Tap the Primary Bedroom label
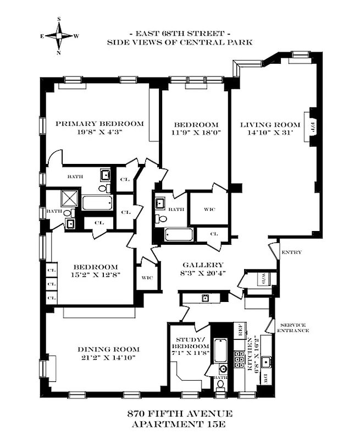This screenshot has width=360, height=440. click(99, 124)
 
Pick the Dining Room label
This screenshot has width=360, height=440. click(108, 349)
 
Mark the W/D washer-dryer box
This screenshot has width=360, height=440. click(264, 278)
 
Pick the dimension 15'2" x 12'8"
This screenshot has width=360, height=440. click(92, 276)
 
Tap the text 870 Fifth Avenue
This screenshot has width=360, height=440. click(180, 414)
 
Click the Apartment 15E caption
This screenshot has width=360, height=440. click(180, 424)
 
